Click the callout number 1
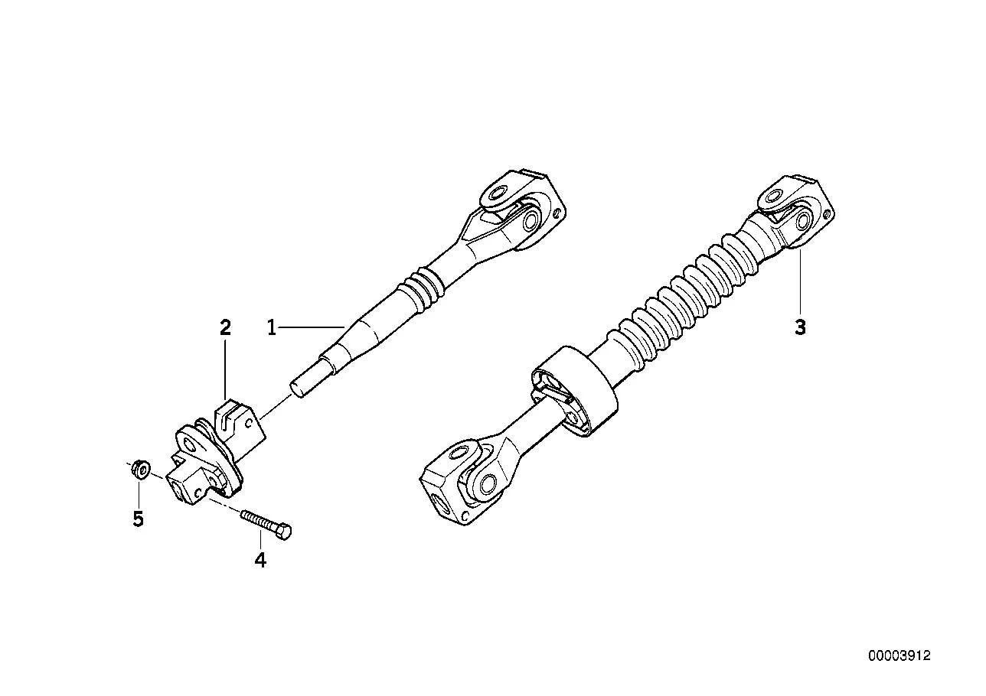click(272, 327)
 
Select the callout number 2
click(225, 327)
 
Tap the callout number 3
click(800, 327)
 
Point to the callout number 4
click(260, 560)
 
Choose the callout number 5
click(139, 519)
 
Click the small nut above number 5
click(141, 469)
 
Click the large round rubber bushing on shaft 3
click(574, 392)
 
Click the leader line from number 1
click(311, 327)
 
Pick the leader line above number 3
click(800, 282)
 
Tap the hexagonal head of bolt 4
click(284, 532)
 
